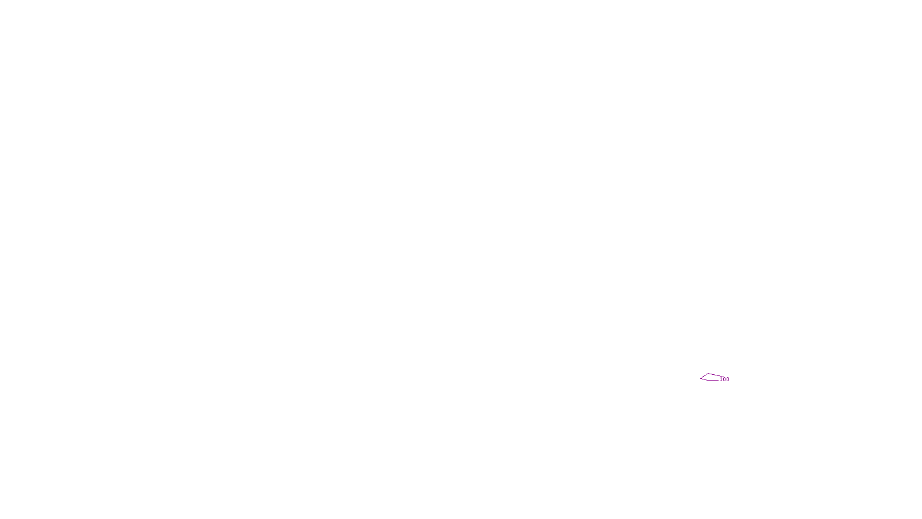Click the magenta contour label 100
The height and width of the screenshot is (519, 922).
point(724,379)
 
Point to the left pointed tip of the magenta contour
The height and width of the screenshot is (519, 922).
point(701,378)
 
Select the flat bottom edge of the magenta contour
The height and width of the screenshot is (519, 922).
point(711,380)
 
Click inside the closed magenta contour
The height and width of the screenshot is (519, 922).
point(709,377)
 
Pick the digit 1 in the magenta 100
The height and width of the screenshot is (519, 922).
point(721,379)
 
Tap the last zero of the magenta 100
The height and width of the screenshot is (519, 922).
point(728,379)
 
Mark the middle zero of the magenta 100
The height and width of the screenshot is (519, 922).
point(724,379)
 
